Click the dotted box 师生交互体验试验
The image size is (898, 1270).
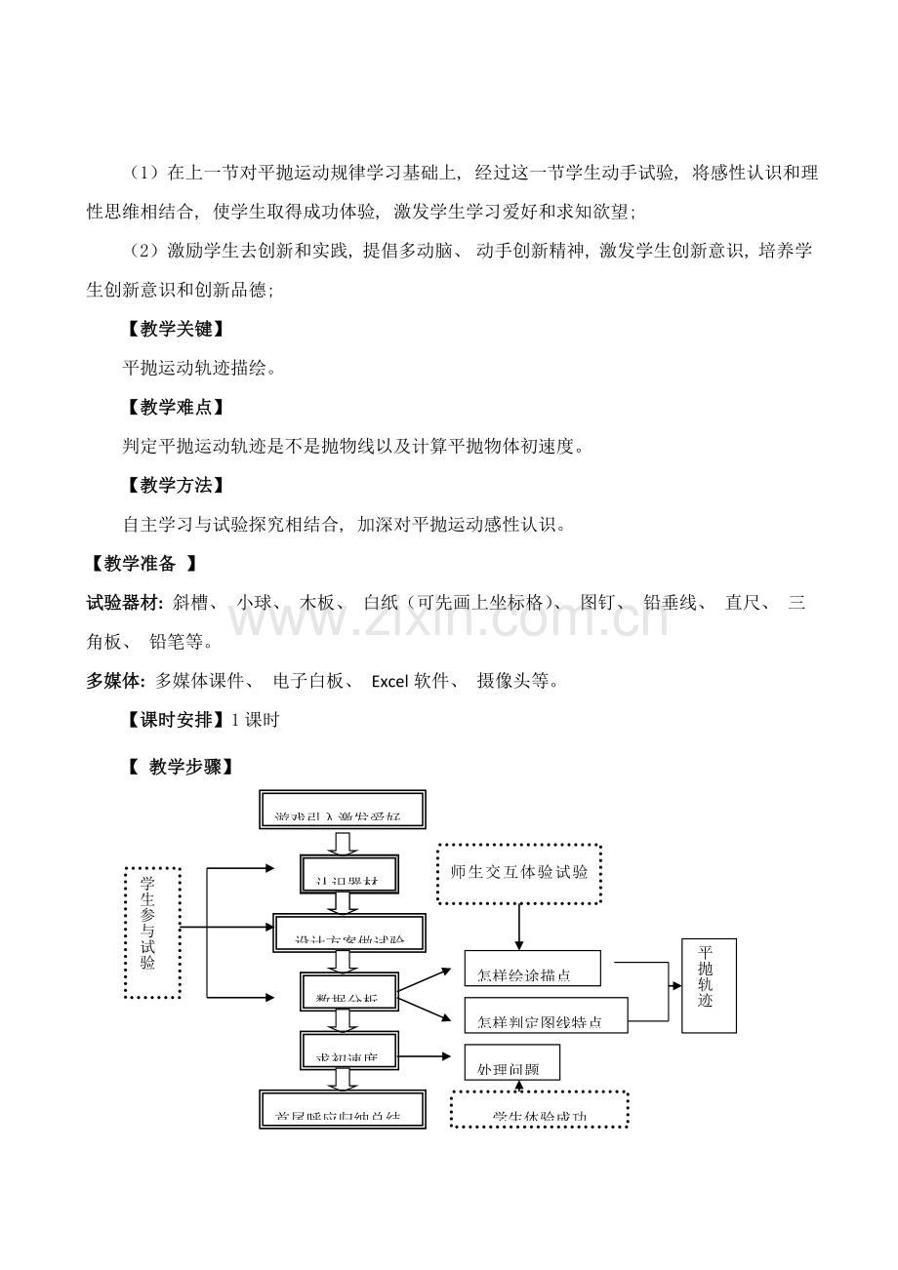pyautogui.click(x=518, y=873)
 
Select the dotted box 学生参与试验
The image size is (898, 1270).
pyautogui.click(x=153, y=932)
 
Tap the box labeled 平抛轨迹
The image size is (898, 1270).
pyautogui.click(x=708, y=985)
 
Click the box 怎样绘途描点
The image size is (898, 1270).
pyautogui.click(x=532, y=970)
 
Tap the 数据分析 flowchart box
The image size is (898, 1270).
pyautogui.click(x=349, y=994)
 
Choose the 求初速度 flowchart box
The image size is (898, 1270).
pyautogui.click(x=349, y=1052)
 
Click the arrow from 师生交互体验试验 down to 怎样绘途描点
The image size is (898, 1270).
pyautogui.click(x=518, y=926)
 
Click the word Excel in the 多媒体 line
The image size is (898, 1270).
pyautogui.click(x=392, y=681)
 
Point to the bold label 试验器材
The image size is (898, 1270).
pyautogui.click(x=125, y=603)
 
